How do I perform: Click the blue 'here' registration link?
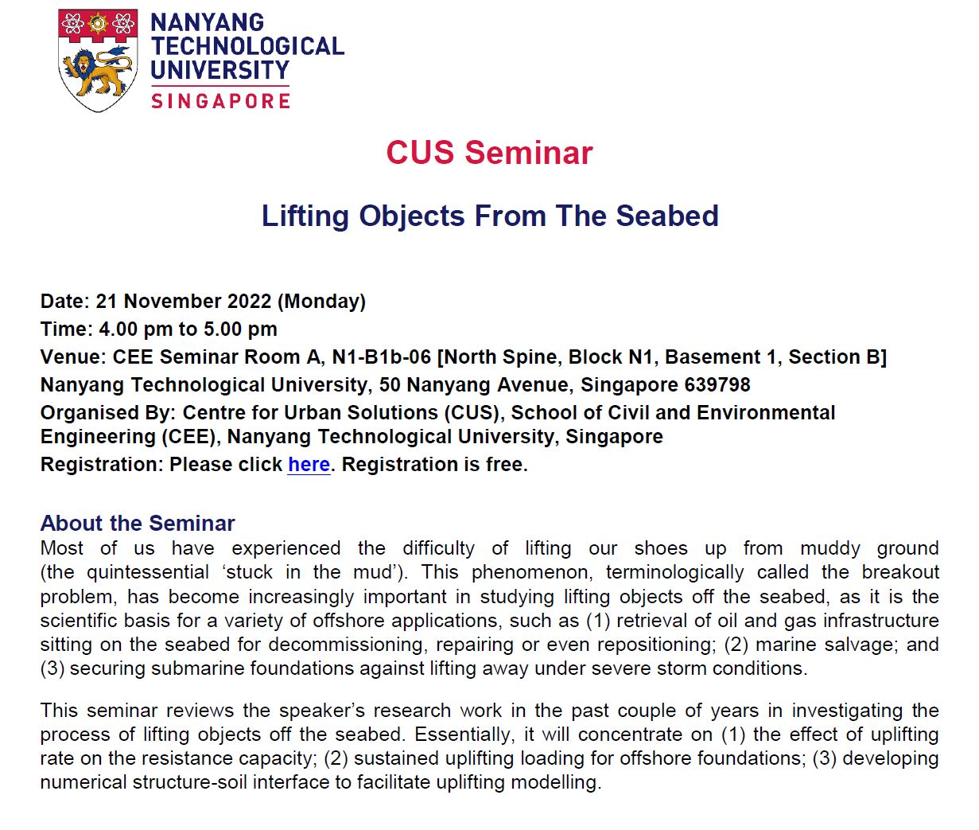pos(309,465)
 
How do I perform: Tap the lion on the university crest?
pos(97,72)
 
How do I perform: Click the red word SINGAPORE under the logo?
pos(220,101)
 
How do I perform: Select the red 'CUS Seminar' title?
pos(489,153)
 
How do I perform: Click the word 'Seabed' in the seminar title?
pos(667,216)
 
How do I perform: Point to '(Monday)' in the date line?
pos(321,302)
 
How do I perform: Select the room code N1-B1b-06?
pos(382,357)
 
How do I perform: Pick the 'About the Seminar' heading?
pos(138,524)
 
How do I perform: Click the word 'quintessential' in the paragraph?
pos(147,572)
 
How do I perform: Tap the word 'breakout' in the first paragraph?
pos(900,572)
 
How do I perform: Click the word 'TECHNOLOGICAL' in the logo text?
pos(247,46)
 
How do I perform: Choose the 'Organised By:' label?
pos(108,413)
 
